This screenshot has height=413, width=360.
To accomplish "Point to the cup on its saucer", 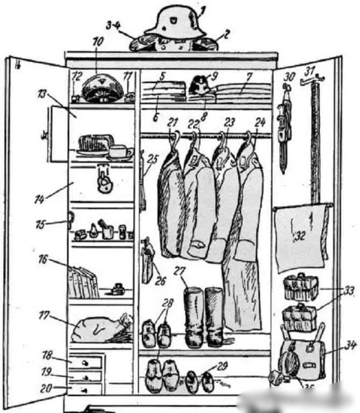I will coord(119,152).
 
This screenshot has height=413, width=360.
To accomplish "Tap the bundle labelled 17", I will coord(100,329).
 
